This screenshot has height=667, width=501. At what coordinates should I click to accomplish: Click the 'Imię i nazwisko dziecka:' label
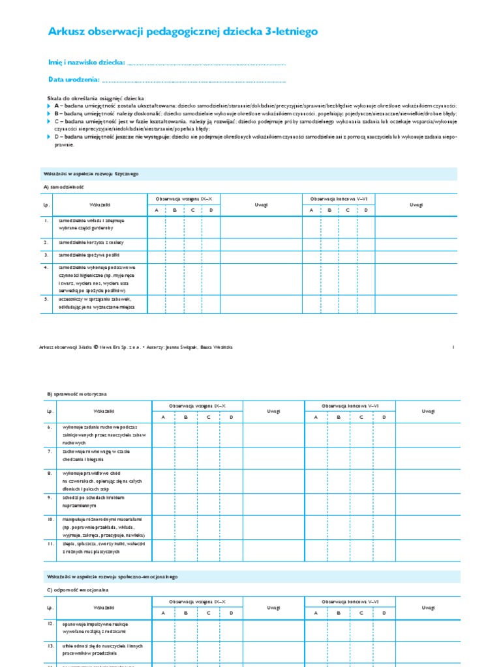point(86,63)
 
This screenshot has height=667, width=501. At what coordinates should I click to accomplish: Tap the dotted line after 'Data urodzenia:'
point(194,80)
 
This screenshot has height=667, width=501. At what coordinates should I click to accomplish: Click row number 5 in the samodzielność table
point(46,299)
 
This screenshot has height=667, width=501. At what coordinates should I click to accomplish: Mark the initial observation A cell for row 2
point(157,242)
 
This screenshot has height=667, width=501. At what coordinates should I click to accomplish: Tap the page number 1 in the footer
point(453,347)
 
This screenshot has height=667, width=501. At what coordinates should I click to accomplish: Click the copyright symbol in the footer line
point(96,347)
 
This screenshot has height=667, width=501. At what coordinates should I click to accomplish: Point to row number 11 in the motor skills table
point(50,542)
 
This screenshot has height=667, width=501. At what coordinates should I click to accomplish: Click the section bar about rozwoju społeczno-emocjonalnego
point(112,576)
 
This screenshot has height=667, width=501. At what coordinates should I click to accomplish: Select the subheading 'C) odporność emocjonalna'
point(78,589)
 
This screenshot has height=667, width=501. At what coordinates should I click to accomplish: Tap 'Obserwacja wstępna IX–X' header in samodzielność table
point(185,198)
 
